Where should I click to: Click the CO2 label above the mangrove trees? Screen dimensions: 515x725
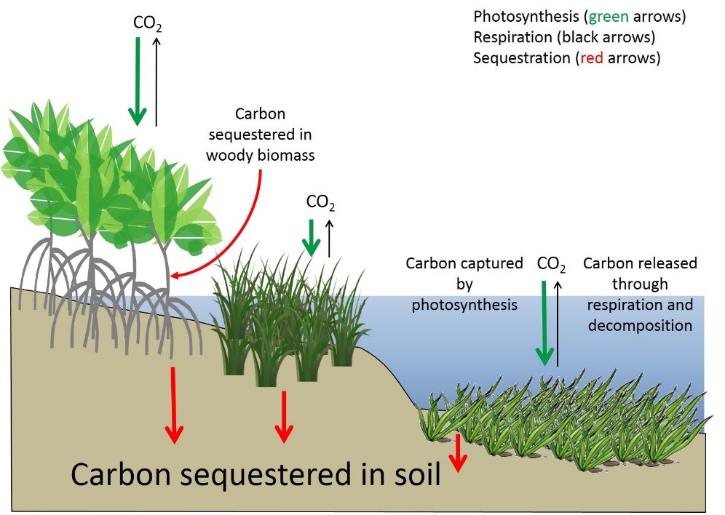[x=147, y=23]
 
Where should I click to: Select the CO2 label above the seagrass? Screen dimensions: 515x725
[x=551, y=265]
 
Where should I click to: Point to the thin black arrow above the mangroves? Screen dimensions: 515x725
[x=157, y=80]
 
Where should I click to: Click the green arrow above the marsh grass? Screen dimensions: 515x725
[x=312, y=236]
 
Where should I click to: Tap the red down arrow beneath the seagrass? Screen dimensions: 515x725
[x=457, y=452]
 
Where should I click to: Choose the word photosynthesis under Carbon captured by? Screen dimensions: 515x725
[x=464, y=305]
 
